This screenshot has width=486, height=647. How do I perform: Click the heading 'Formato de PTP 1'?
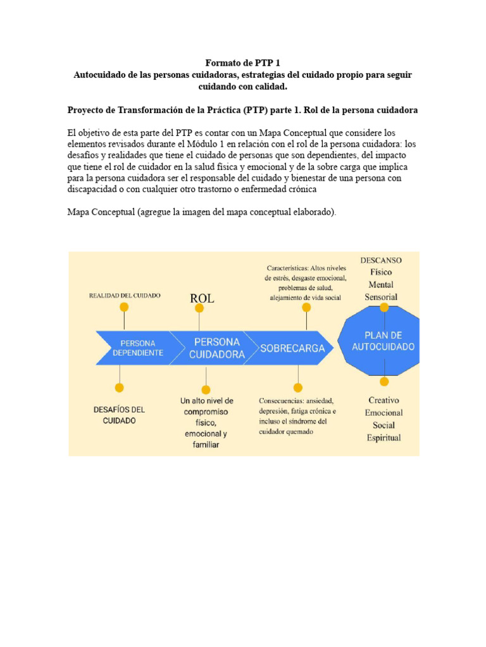click(x=242, y=63)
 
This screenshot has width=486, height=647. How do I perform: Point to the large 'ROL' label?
click(x=202, y=299)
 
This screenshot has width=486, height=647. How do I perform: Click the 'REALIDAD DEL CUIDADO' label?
click(x=125, y=295)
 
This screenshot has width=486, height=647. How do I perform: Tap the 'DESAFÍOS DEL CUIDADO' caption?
click(x=120, y=415)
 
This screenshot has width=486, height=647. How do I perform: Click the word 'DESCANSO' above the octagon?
click(x=380, y=260)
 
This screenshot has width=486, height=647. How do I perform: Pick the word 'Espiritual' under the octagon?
click(x=384, y=438)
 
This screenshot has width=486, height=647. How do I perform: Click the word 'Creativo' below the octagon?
click(x=384, y=400)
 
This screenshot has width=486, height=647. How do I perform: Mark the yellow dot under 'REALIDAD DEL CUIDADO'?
click(x=124, y=307)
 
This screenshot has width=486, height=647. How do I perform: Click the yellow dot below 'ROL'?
click(x=199, y=308)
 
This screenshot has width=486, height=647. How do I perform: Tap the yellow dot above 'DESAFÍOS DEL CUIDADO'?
click(x=118, y=388)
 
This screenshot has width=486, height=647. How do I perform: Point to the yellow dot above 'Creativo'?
click(x=384, y=382)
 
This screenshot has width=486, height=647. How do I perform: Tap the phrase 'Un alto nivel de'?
click(x=206, y=401)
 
